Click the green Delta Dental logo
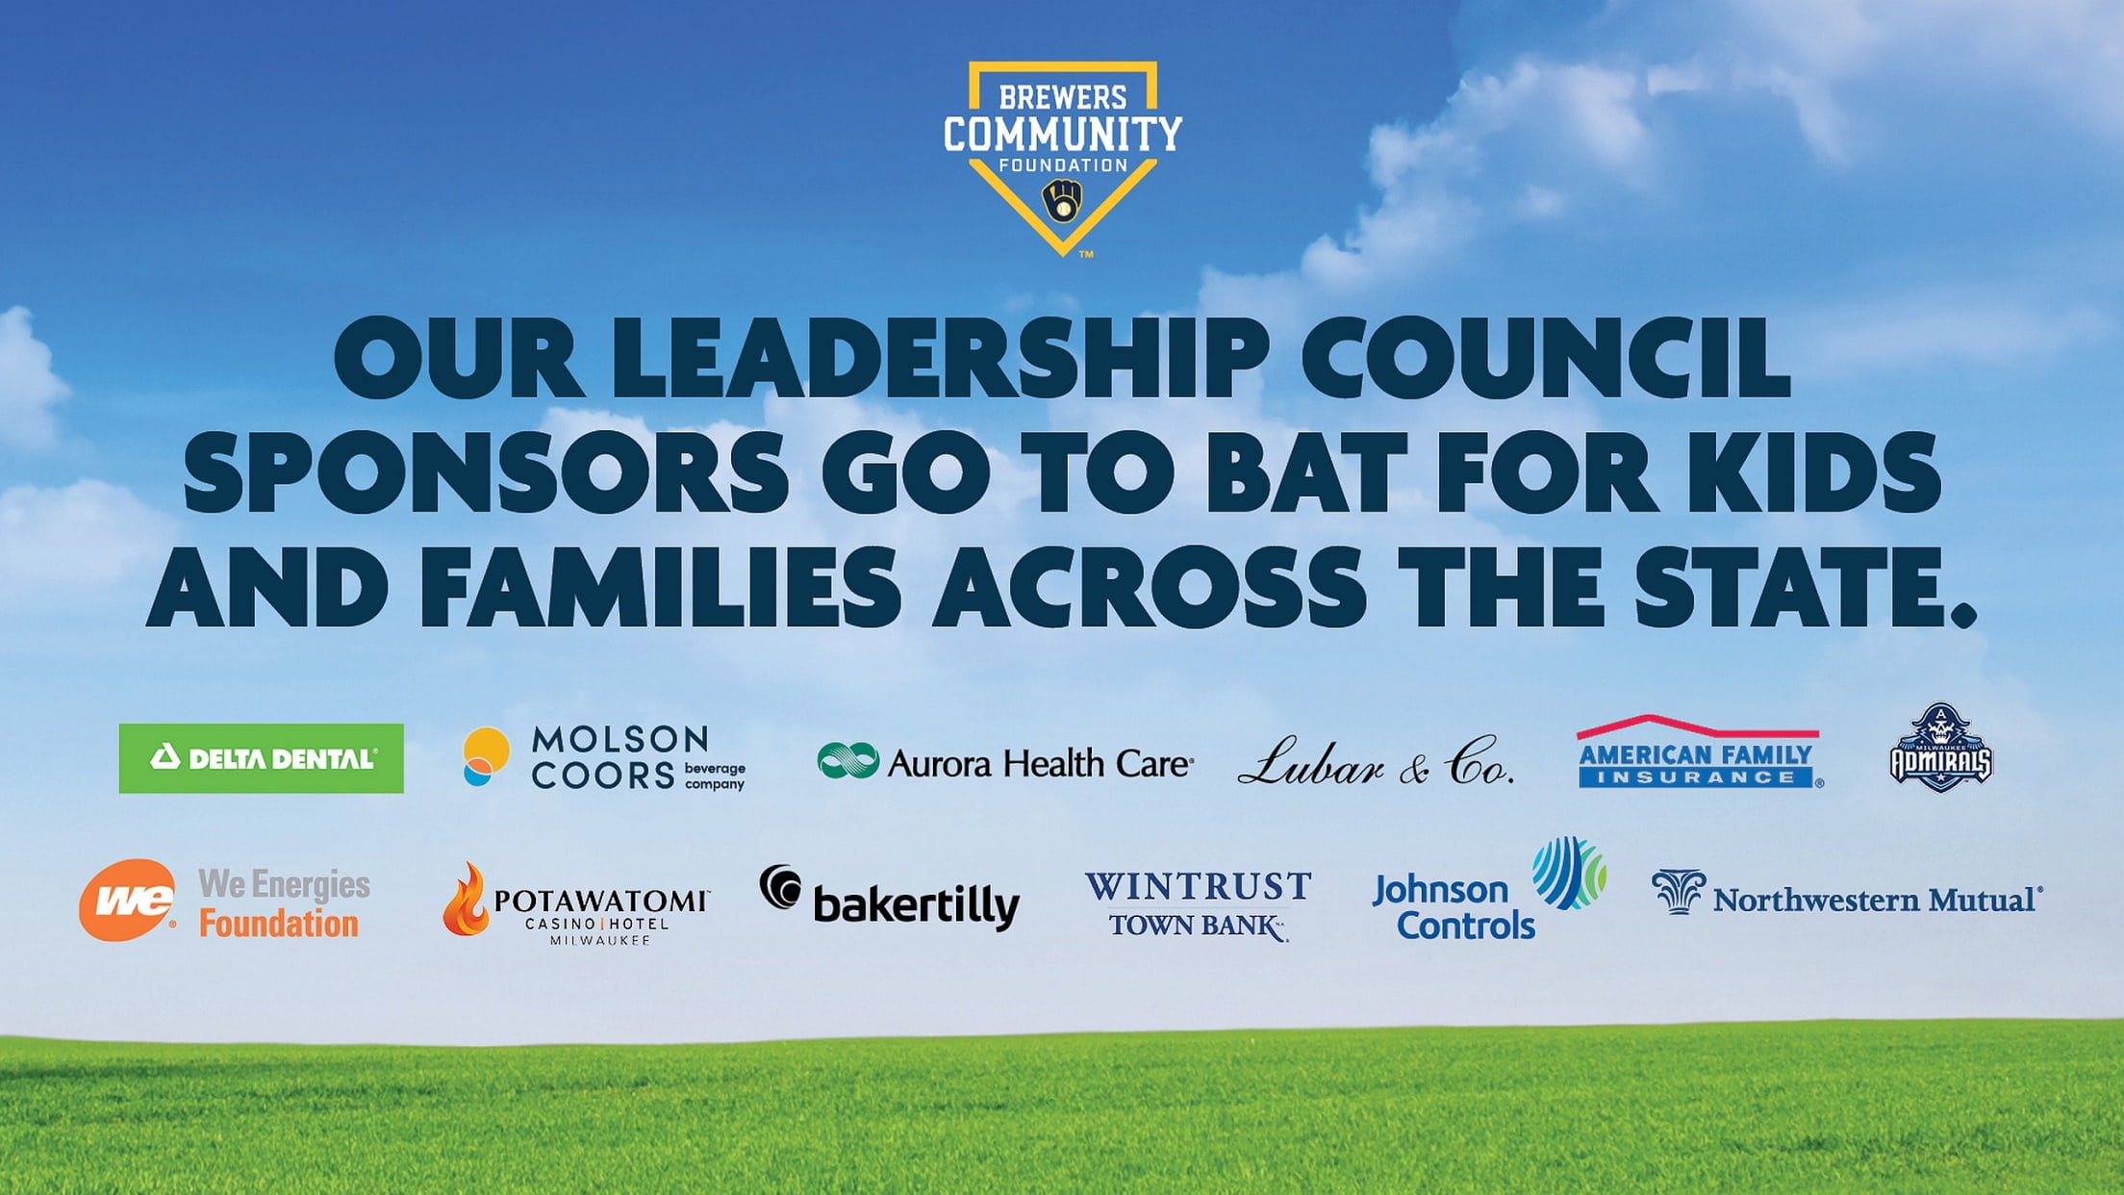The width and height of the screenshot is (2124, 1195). click(261, 758)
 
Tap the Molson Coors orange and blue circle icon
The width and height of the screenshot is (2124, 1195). click(486, 756)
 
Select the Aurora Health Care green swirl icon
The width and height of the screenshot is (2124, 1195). click(847, 760)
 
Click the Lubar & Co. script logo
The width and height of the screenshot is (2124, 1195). click(1376, 762)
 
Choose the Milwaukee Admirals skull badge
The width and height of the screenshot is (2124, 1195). click(1940, 749)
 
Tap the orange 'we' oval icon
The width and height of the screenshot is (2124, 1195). click(127, 900)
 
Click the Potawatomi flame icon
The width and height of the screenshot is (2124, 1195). click(467, 900)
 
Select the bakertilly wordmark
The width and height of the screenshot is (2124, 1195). click(916, 904)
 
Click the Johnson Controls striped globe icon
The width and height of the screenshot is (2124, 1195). click(1568, 873)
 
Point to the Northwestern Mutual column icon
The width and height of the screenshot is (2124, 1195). click(1679, 891)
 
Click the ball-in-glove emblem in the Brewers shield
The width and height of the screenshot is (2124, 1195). click(1062, 201)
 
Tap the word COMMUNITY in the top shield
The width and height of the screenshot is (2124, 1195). click(1062, 133)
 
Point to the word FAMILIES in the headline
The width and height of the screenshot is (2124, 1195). click(660, 585)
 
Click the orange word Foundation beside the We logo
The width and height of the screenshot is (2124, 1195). click(279, 924)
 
